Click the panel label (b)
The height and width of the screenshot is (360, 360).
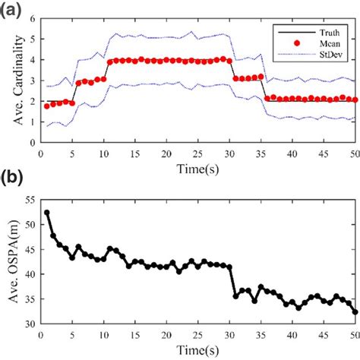click(13, 178)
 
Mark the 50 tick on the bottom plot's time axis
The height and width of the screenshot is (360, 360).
click(355, 334)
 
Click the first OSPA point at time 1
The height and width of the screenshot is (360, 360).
click(47, 213)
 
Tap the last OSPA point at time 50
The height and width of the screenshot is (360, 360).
click(355, 311)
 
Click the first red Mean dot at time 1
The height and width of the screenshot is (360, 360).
click(47, 106)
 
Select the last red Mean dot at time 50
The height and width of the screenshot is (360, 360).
click(355, 99)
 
